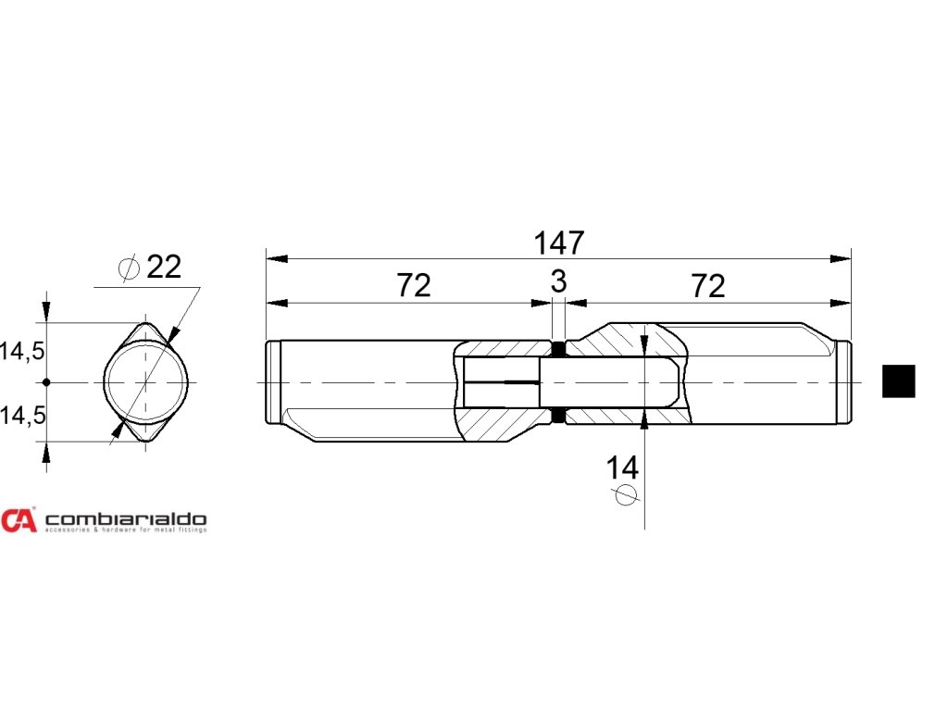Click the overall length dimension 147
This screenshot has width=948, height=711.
click(559, 243)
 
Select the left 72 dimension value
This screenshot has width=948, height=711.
click(414, 286)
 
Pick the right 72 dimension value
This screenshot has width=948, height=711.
click(708, 286)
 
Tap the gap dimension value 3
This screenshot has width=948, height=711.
click(558, 282)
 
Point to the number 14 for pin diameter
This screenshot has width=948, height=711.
click(622, 468)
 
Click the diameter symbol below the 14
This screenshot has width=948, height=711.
click(626, 495)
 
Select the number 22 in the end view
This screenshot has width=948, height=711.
click(164, 268)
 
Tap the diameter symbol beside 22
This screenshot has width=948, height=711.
click(130, 268)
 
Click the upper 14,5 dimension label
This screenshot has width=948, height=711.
click(23, 352)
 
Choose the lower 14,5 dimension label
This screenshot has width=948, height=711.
click(23, 416)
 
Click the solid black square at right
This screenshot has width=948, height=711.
click(898, 381)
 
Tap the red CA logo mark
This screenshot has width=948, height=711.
click(19, 521)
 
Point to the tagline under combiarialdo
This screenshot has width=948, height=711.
click(126, 531)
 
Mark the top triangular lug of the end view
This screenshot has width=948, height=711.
click(146, 331)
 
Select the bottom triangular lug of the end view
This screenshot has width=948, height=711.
click(146, 432)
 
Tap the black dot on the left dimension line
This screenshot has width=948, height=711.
click(46, 381)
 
